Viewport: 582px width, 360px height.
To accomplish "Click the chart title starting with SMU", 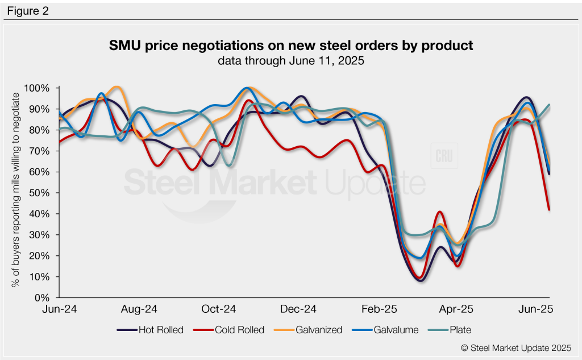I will point(290,45).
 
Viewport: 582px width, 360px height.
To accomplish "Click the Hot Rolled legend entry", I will point(150,330).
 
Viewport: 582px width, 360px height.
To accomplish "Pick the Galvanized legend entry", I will point(310,330).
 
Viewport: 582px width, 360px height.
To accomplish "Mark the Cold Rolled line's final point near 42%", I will point(549,209).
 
